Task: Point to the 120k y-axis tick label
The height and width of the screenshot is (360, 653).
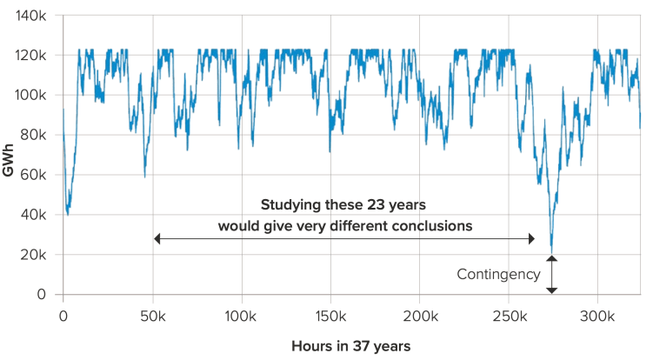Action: (32, 55)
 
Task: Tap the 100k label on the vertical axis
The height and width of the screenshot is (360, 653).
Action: (32, 95)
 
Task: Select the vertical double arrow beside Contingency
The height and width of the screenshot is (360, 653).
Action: (551, 274)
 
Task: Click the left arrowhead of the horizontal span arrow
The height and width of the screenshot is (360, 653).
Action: (157, 238)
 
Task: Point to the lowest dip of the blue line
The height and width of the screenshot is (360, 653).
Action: (551, 252)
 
